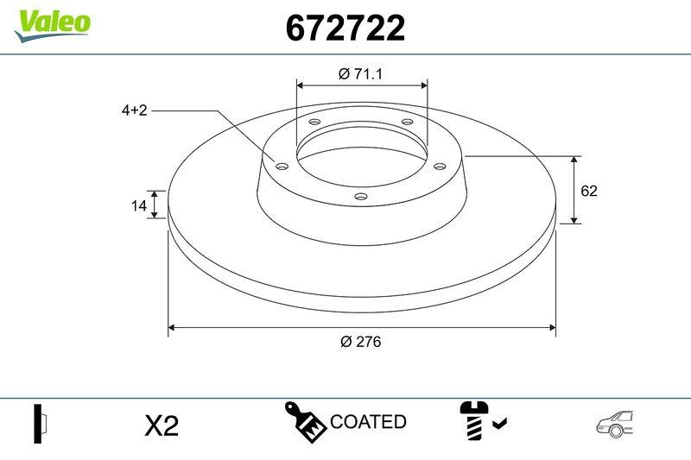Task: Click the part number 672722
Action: pyautogui.click(x=345, y=29)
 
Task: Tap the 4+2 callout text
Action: pyautogui.click(x=134, y=110)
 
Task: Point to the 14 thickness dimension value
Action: pyautogui.click(x=136, y=205)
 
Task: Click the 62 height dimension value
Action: pyautogui.click(x=589, y=191)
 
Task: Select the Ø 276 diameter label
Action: pyautogui.click(x=360, y=341)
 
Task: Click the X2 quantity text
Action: pyautogui.click(x=161, y=425)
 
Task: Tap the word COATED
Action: pyautogui.click(x=368, y=422)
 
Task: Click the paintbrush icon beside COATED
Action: pyautogui.click(x=306, y=420)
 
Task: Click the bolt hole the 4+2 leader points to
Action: pyautogui.click(x=280, y=166)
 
